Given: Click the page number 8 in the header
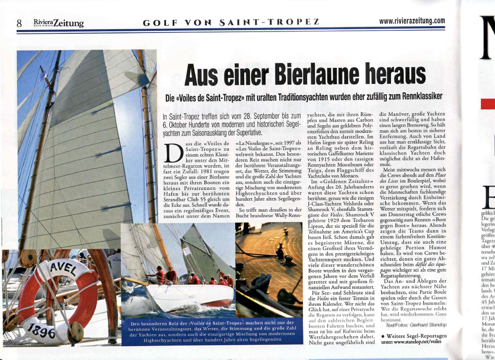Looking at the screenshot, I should (x=19, y=23).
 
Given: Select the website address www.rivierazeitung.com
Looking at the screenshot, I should (x=412, y=21).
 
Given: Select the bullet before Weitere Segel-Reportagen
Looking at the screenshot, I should (x=383, y=336).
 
